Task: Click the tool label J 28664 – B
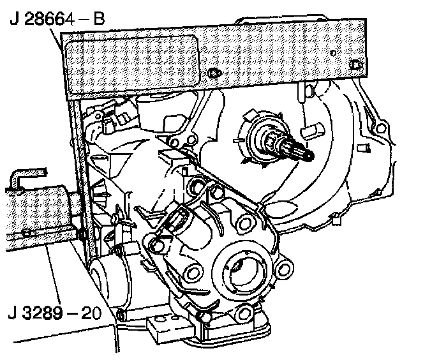pos(57,19)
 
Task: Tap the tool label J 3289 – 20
pos(54,313)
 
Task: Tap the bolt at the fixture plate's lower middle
pos(214,73)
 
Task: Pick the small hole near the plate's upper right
pos(333,53)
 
